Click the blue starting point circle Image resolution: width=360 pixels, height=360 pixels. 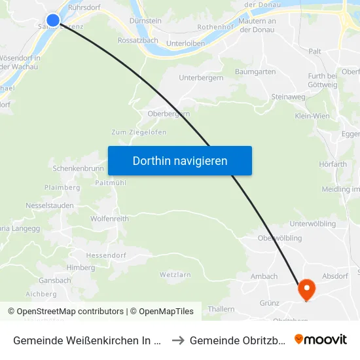tap(53, 20)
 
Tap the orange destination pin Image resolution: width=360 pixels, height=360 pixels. tap(306, 289)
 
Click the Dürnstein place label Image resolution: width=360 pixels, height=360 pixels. tap(145, 21)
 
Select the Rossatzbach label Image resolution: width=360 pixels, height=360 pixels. tap(137, 40)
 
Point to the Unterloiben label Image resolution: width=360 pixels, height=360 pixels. tap(186, 43)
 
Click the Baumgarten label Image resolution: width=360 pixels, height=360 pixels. tap(255, 71)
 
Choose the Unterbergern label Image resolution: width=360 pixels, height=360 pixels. tap(201, 78)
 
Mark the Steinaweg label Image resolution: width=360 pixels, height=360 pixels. tap(288, 97)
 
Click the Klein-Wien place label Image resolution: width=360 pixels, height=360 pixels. tap(312, 116)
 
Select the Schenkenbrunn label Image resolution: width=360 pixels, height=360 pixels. tap(77, 168)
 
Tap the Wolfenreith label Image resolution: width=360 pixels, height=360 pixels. tap(109, 219)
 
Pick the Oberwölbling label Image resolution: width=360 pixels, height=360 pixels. tap(280, 238)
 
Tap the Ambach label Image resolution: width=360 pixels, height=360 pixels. tap(264, 277)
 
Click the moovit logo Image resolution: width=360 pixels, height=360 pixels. tap(321, 340)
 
